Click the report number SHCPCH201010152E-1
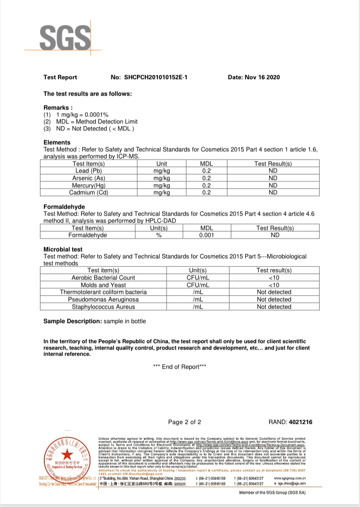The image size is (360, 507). (158, 77)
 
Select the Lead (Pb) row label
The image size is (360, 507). (89, 171)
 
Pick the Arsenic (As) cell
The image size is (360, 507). (89, 178)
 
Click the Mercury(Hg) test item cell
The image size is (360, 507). (89, 186)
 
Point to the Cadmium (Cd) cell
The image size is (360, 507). (89, 193)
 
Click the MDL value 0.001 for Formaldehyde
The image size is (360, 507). (207, 235)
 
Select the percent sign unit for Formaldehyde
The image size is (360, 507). (159, 235)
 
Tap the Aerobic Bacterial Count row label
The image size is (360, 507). (103, 277)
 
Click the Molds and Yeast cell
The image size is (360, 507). (103, 285)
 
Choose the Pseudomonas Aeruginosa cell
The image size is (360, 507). (103, 300)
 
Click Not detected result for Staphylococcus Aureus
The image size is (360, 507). (274, 307)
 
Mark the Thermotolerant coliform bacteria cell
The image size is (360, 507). (103, 292)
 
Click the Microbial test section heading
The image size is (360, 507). (63, 250)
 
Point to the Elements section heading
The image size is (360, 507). (57, 143)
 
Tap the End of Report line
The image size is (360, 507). (180, 367)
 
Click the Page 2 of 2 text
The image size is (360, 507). (185, 422)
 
